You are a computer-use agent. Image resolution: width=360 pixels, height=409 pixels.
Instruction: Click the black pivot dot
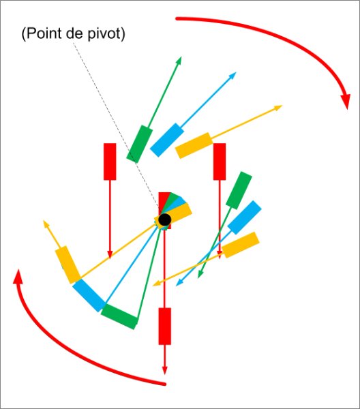tap(165, 219)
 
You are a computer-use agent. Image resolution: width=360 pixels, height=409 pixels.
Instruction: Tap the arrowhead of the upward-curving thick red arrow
tap(18, 277)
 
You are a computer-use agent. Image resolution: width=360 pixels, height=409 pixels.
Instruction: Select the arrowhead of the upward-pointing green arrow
tap(179, 60)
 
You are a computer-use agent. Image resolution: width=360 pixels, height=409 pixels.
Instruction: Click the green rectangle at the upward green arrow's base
tap(140, 144)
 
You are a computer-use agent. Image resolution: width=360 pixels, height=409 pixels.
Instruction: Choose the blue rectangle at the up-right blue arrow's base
tap(167, 140)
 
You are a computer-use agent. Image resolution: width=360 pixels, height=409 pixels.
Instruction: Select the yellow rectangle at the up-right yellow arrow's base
tap(194, 146)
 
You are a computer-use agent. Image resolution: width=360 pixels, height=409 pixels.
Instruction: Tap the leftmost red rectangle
tap(110, 162)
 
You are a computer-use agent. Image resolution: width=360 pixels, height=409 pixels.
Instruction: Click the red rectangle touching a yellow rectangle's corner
tap(220, 162)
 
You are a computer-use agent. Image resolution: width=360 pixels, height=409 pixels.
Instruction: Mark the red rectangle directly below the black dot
tap(165, 327)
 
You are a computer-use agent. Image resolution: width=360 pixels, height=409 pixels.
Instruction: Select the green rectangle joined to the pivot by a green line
tap(119, 317)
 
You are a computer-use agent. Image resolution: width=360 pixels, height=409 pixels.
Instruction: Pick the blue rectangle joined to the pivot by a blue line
tap(89, 296)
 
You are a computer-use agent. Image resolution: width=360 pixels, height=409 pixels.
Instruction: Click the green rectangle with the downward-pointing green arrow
tap(239, 190)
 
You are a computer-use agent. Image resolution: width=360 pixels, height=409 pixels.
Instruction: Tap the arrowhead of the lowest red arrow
tap(164, 371)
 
